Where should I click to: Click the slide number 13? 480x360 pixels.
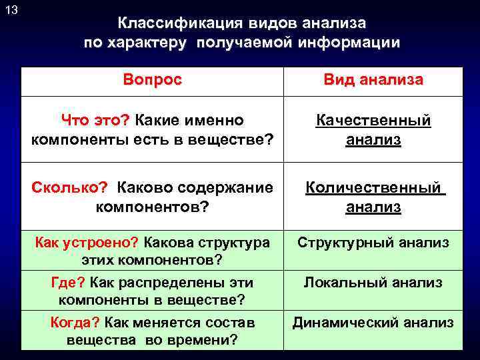tap(11, 10)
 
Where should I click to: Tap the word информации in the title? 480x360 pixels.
tap(343, 43)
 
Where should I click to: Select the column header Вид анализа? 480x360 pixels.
tap(373, 80)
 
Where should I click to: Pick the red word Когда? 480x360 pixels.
tap(74, 323)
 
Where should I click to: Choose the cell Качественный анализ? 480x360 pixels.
tap(373, 129)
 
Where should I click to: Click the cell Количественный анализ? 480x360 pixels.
tap(373, 197)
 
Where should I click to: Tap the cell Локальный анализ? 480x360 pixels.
tap(373, 283)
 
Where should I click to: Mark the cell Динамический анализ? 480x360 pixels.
tap(373, 323)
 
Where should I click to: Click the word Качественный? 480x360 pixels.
tap(373, 120)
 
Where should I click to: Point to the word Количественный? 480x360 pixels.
tap(373, 187)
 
